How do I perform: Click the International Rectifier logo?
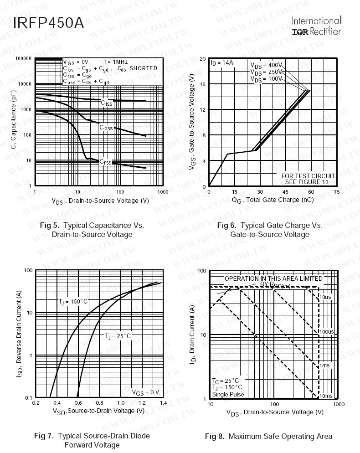pos(316,26)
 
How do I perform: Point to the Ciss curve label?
pos(106,103)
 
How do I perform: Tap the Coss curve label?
pos(106,128)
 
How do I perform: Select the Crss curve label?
pos(105,162)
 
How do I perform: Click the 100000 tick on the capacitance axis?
pos(22,59)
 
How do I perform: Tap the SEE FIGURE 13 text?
pos(308,182)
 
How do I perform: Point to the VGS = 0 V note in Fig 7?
pos(145,392)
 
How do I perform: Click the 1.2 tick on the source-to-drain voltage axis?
pos(142,403)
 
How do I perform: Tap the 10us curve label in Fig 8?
pos(325,297)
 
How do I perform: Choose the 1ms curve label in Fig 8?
pos(324,365)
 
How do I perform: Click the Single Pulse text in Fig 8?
pos(228,394)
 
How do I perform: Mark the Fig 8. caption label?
pos(215,437)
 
